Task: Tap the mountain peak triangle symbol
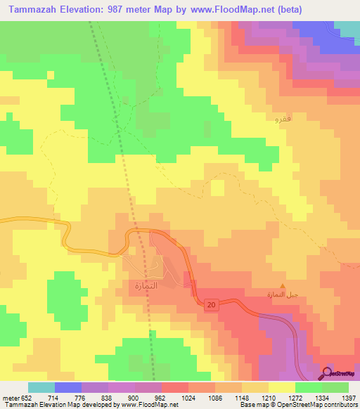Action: coord(283,286)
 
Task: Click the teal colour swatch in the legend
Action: coord(41,388)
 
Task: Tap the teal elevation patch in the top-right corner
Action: coord(347,27)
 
